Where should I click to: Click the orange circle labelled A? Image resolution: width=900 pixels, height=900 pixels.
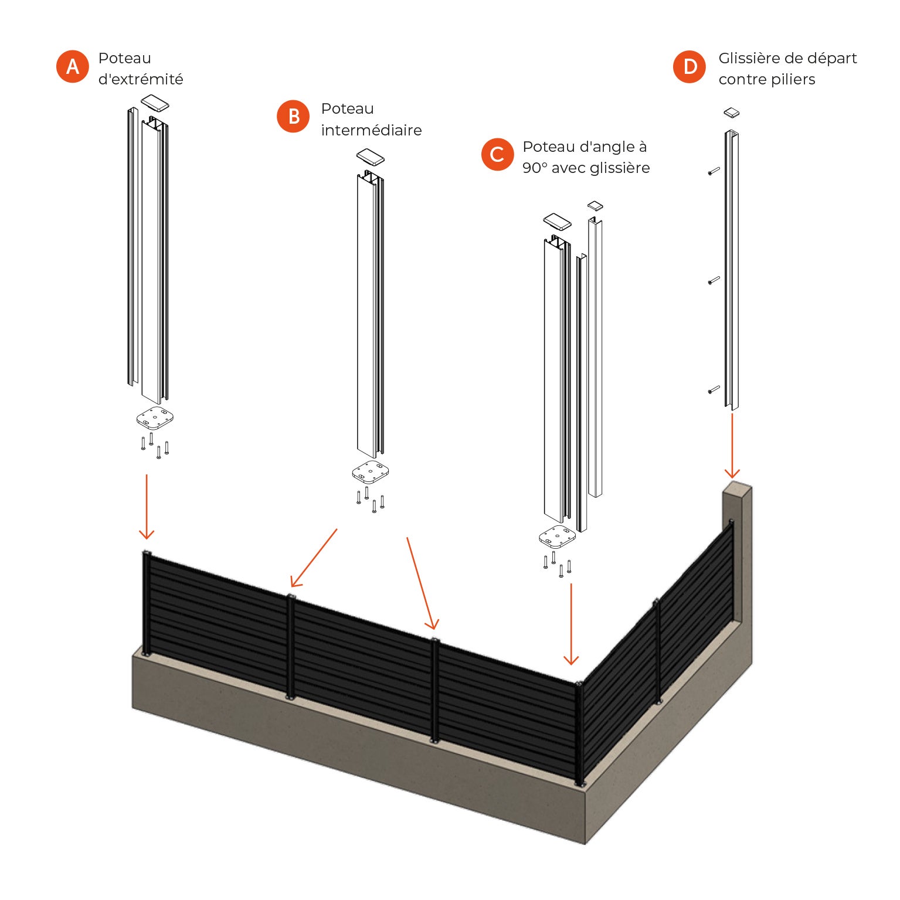(x=73, y=66)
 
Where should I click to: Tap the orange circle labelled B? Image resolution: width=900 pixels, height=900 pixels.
(x=293, y=116)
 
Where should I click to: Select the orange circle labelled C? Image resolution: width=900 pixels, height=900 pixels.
(x=497, y=154)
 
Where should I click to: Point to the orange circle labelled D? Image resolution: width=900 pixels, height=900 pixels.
(x=690, y=66)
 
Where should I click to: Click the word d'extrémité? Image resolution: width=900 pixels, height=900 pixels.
(x=141, y=79)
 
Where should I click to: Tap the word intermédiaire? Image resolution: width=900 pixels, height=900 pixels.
(x=371, y=130)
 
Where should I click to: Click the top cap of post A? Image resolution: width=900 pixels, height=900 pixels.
(x=155, y=103)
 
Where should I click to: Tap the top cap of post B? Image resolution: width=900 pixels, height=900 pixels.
(x=371, y=157)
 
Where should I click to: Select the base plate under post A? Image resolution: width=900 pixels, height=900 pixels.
(x=155, y=417)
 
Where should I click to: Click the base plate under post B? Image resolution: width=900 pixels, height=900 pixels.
(x=371, y=472)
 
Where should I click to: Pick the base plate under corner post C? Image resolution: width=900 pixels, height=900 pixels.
(x=557, y=536)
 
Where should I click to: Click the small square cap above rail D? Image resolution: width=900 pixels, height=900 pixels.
(x=731, y=112)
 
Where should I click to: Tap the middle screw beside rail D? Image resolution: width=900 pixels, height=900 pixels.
(x=714, y=280)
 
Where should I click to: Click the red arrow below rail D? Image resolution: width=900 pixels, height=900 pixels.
(x=732, y=446)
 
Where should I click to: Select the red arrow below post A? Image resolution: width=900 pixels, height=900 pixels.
(x=147, y=507)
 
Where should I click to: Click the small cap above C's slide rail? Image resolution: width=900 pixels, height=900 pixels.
(x=595, y=205)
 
